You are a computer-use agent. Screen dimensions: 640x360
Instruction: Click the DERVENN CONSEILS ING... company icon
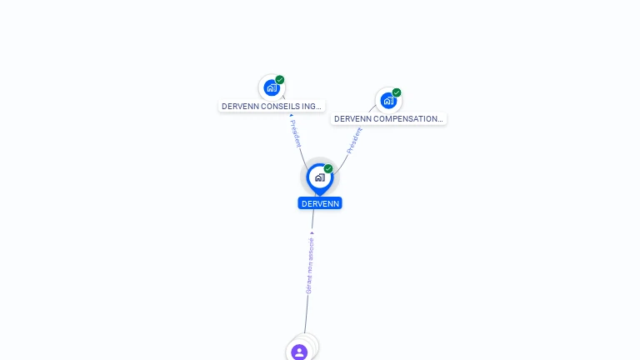tap(272, 87)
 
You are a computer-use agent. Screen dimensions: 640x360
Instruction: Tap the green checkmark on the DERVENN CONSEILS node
tap(280, 80)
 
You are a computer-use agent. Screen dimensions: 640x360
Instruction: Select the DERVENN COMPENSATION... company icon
tap(388, 101)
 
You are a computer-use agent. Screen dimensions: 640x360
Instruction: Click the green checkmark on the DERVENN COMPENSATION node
tap(397, 92)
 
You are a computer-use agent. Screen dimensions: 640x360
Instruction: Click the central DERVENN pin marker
tap(319, 177)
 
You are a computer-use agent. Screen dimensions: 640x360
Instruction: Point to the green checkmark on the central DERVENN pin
tap(328, 168)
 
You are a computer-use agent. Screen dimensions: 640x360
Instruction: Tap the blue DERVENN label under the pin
tap(320, 203)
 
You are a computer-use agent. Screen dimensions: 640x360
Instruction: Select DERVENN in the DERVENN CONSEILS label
tap(240, 107)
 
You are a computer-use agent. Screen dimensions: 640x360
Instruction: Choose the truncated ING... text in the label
tap(311, 107)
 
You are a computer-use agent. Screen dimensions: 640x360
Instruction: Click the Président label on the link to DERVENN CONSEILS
tap(296, 133)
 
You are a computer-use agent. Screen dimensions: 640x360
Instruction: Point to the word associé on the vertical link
tap(311, 246)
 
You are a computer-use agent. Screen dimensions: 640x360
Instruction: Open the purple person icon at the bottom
tap(299, 352)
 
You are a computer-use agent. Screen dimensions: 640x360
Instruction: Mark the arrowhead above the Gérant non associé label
tap(312, 232)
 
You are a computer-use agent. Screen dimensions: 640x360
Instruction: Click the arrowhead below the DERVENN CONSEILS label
tap(291, 116)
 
